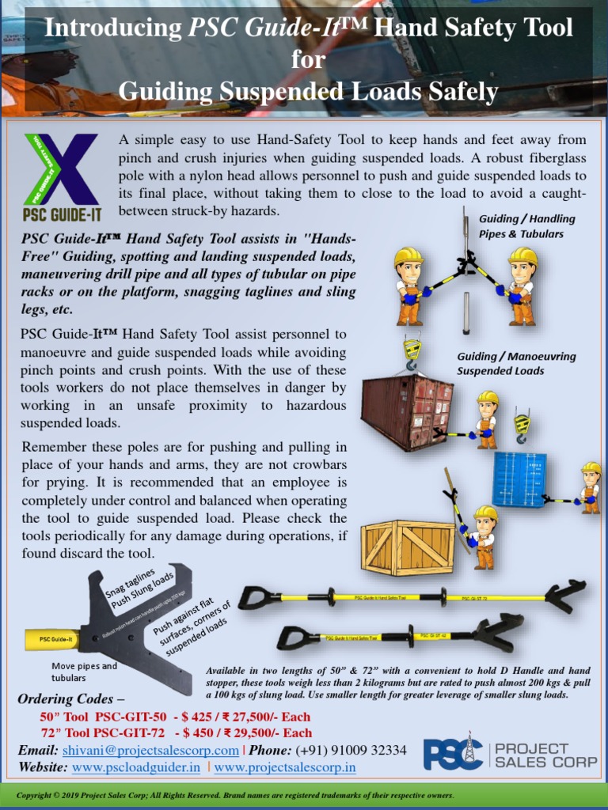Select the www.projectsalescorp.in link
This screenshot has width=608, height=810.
click(x=284, y=766)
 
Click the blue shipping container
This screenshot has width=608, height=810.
click(x=519, y=479)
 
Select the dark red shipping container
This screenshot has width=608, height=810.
click(x=407, y=410)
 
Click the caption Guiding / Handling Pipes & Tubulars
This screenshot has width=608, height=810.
click(x=526, y=225)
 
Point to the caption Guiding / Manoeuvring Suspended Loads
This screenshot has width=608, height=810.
click(x=515, y=363)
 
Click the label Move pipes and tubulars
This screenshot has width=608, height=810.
click(x=84, y=672)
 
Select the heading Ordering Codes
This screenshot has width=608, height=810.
click(x=71, y=699)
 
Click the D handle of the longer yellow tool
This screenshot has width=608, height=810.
click(x=255, y=597)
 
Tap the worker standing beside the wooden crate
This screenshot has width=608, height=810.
click(x=483, y=536)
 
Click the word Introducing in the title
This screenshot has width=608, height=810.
click(x=113, y=29)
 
